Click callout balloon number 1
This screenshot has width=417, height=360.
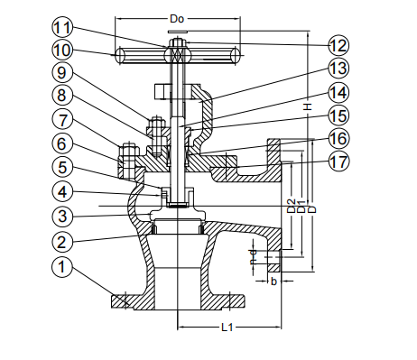tap(61, 267)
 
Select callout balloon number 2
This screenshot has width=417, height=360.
tap(61, 242)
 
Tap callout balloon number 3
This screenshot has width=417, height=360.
tap(61, 217)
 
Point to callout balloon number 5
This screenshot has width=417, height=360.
tap(61, 166)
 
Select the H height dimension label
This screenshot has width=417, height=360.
tap(307, 106)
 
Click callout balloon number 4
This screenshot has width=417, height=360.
tap(61, 191)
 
